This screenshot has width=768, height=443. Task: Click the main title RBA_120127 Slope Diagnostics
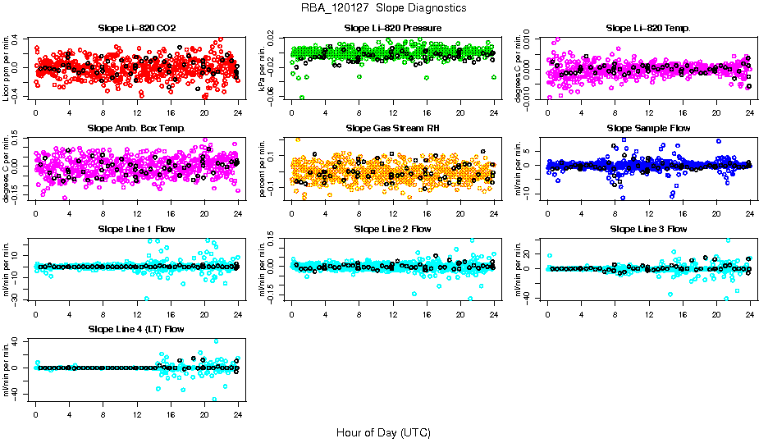point(384,8)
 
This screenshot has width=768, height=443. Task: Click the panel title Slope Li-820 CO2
point(137,28)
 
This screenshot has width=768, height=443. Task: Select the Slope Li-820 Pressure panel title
point(393,28)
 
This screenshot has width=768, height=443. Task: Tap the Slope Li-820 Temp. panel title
point(648,28)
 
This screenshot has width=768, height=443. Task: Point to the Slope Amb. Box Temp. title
point(137,128)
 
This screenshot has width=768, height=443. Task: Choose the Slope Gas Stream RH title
point(393,128)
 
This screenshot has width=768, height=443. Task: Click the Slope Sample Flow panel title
point(648,128)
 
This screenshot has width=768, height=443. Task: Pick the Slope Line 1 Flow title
point(137,228)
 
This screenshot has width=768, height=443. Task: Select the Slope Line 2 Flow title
point(393,228)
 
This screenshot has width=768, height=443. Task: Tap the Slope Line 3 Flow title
point(648,228)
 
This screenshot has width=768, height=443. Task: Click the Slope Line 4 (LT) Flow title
point(137,329)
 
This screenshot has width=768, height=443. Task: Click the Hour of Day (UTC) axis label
point(383,432)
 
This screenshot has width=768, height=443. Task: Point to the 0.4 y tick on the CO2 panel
point(25,39)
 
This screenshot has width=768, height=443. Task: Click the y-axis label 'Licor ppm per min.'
point(7,68)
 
